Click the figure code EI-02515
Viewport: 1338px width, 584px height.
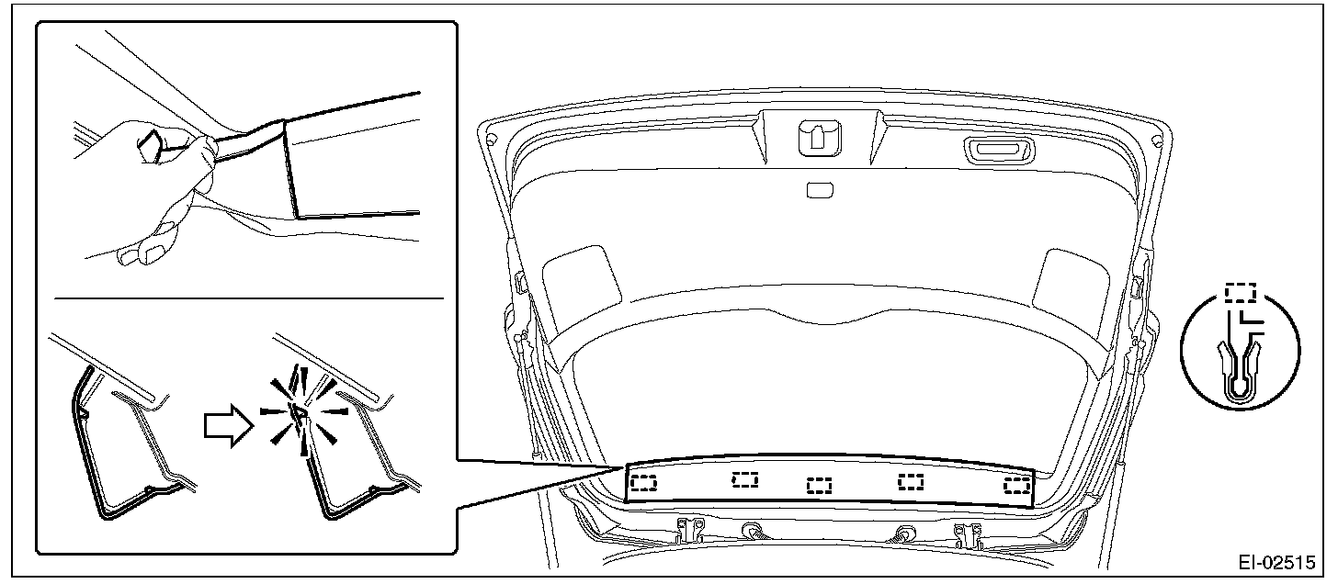1276,563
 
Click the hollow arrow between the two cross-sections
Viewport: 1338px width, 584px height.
230,426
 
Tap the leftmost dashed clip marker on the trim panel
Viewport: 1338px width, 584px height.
644,482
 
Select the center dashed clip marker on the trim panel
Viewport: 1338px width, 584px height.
819,486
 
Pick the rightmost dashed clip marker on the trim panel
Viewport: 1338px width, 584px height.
1016,486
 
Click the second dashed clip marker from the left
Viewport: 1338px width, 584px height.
745,479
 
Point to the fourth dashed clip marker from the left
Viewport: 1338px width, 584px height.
911,481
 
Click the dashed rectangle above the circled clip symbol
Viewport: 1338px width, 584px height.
1241,293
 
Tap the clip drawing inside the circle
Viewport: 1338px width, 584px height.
1240,370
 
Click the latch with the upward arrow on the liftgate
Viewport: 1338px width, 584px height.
820,138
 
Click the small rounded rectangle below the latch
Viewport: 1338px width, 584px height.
820,190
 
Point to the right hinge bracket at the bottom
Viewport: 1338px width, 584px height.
967,534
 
